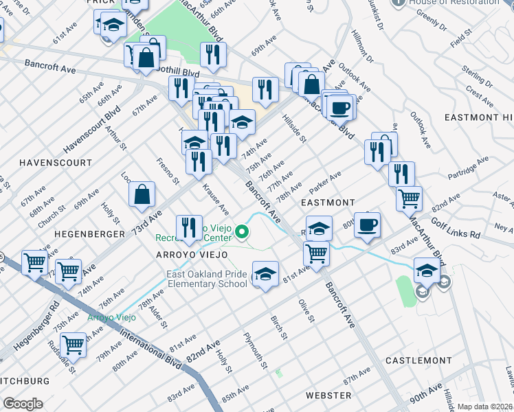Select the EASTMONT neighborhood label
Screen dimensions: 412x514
tap(328, 203)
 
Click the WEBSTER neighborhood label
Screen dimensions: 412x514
tap(328, 396)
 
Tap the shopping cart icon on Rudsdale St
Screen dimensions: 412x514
tap(73, 344)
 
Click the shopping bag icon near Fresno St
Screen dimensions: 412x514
tap(141, 194)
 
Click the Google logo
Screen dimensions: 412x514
tap(23, 404)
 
